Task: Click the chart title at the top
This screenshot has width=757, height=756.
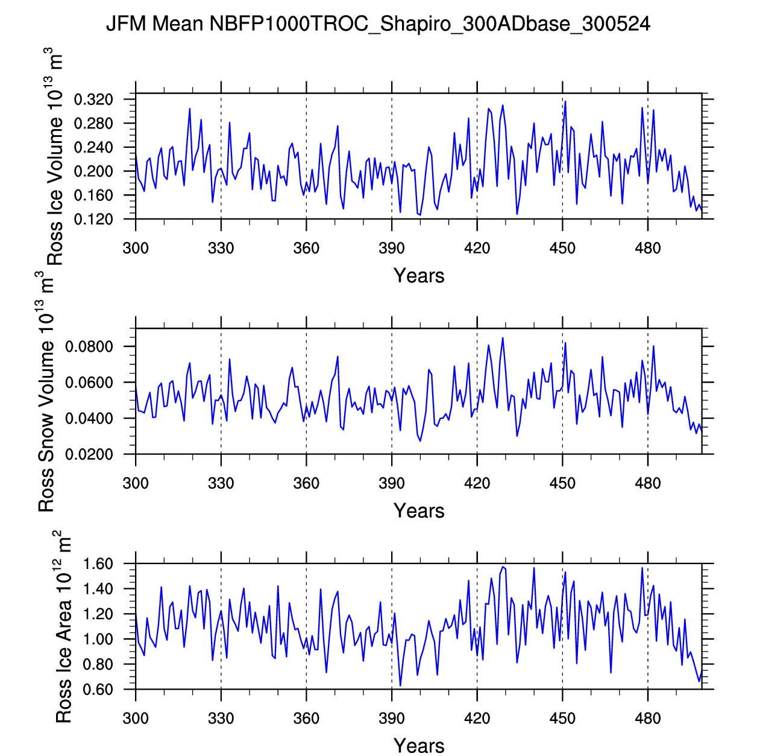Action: (x=378, y=24)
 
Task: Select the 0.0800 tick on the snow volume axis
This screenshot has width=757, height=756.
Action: (x=89, y=347)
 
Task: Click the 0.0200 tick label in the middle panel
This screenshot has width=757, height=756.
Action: (x=89, y=455)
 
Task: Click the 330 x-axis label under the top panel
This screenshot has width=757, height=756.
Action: (x=221, y=248)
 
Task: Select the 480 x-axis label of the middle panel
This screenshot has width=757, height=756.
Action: (x=648, y=483)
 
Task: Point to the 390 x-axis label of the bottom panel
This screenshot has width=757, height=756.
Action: (x=392, y=719)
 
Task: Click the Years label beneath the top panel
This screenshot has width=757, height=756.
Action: (x=419, y=276)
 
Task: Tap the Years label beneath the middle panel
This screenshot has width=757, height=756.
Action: (x=419, y=511)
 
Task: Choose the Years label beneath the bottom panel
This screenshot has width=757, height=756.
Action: (x=419, y=746)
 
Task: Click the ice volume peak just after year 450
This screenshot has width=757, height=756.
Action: (x=565, y=101)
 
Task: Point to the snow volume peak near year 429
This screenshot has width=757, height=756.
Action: (x=503, y=338)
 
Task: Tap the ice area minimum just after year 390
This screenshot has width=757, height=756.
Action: (x=400, y=685)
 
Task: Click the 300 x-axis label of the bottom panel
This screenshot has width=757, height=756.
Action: (x=136, y=719)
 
